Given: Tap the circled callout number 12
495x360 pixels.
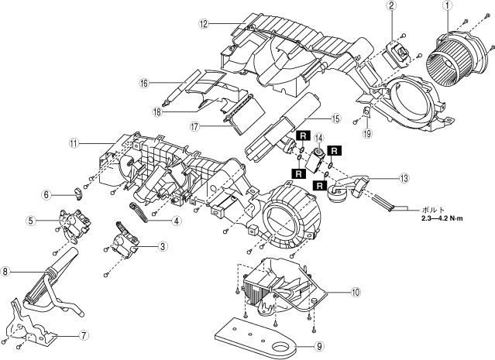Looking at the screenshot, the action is coord(204,23).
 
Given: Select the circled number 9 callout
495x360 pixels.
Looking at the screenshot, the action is coord(319,346).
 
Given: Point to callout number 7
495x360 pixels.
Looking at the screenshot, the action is coord(84,335).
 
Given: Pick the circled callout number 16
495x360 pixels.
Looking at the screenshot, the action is coord(144,83).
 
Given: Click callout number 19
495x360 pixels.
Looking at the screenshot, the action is coord(367,133).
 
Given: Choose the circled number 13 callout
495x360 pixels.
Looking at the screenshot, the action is coord(404,178).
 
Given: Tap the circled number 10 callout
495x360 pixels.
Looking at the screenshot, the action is coord(356,293).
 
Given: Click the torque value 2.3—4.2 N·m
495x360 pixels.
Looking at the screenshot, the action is coord(442,218).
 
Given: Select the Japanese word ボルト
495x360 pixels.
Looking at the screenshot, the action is coord(433,210).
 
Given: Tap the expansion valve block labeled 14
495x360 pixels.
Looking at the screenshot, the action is coord(315,160).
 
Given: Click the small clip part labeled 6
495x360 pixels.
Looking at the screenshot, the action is coord(78,194).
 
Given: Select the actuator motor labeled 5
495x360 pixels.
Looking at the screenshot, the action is coord(74,225).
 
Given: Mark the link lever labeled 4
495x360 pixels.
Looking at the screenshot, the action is coord(139,212).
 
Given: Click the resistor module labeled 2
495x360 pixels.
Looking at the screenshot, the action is coord(397,54).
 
